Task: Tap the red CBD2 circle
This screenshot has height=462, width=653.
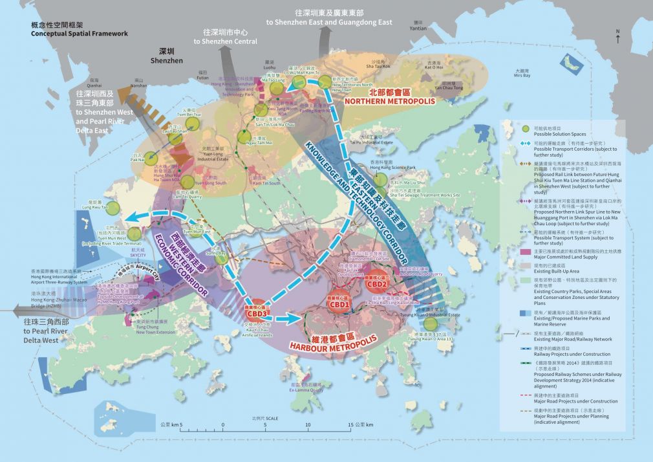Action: click(x=376, y=283)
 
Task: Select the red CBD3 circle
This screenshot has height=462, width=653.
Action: click(x=257, y=314)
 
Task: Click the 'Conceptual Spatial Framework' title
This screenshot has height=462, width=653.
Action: click(x=79, y=33)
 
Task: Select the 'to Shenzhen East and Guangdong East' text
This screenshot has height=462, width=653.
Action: click(x=343, y=22)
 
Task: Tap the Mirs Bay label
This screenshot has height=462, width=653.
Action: click(x=522, y=76)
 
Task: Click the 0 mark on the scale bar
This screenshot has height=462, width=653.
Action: click(x=223, y=424)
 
